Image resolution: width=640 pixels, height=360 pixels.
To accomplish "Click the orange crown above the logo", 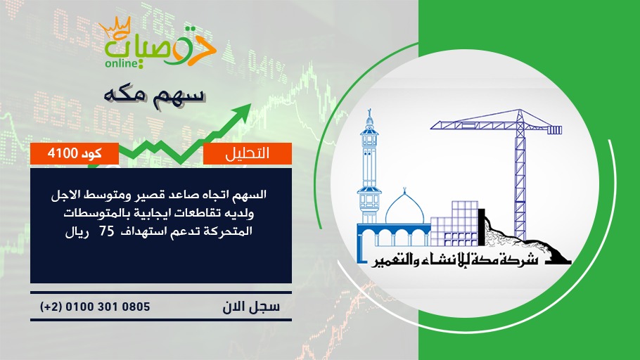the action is (115, 27).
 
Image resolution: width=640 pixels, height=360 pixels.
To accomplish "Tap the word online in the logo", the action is (120, 64).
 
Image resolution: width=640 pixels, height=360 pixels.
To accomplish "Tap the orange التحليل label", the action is (248, 153).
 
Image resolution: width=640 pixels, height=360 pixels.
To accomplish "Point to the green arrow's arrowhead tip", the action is (250, 104).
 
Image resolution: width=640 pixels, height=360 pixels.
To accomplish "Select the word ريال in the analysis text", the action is (77, 232).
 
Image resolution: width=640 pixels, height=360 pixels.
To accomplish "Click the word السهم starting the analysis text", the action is (250, 195).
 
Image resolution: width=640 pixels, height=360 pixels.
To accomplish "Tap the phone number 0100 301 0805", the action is (108, 307).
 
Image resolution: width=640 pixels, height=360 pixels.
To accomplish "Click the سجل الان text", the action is (251, 307).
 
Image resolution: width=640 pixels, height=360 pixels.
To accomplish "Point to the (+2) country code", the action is (51, 307).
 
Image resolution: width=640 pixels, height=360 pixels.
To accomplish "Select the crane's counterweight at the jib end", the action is (554, 130).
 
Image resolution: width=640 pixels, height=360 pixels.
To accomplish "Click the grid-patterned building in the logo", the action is (454, 224).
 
